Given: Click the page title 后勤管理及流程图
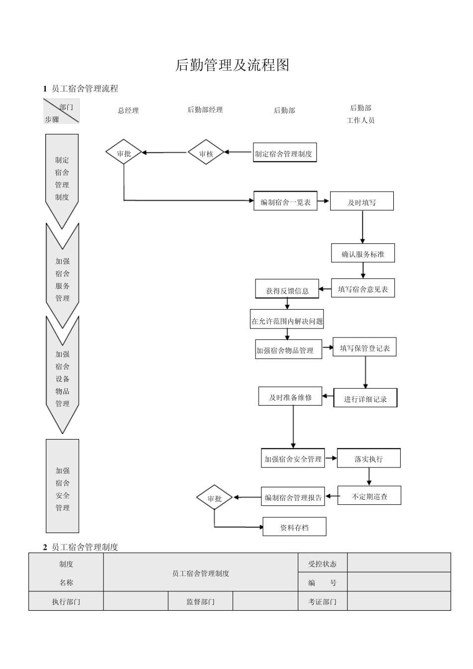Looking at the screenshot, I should click(232, 65).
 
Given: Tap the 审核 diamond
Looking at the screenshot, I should click(206, 153).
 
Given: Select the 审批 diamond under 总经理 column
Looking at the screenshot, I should click(124, 153).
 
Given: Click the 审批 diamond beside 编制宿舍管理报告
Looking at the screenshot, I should click(214, 498).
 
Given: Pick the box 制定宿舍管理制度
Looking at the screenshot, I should click(284, 153).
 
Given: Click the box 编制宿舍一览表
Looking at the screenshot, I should click(285, 202).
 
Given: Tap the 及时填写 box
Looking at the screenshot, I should click(362, 202).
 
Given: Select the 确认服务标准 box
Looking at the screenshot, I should click(362, 254).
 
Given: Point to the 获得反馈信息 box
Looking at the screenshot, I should click(287, 290).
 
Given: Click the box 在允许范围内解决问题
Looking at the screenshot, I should click(287, 321).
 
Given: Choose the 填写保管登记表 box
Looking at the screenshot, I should click(364, 348).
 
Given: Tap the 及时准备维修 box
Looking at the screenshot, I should click(290, 397).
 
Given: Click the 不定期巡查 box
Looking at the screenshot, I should click(369, 496).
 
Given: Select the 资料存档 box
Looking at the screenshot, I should click(294, 527).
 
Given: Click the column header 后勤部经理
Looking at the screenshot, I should click(205, 110).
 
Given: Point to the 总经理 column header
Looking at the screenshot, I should click(128, 111).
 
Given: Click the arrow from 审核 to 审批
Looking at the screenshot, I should click(164, 153).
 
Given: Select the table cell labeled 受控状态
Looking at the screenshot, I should click(322, 563).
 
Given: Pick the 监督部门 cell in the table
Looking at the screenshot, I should click(200, 601).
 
